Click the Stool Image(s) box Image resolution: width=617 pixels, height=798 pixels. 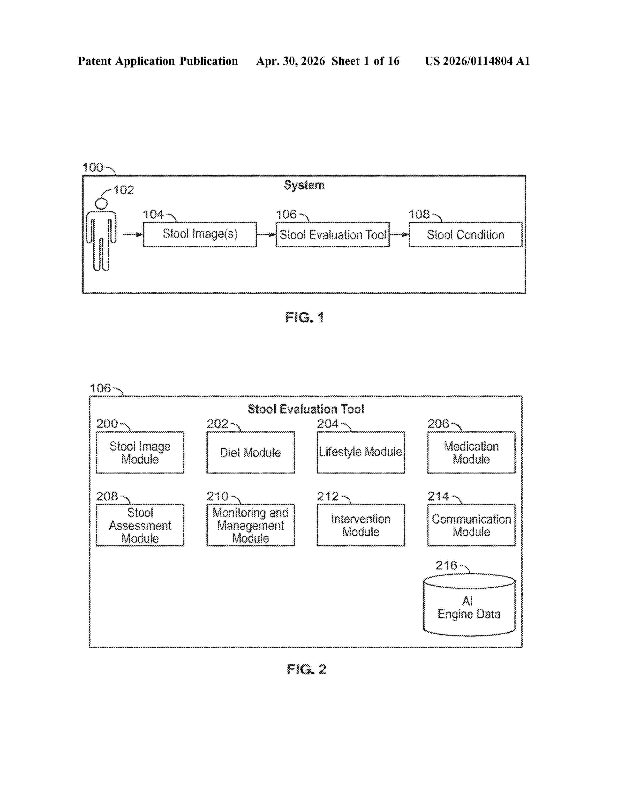200,234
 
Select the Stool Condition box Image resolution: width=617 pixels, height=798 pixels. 465,234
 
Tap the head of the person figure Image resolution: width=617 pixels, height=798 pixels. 101,204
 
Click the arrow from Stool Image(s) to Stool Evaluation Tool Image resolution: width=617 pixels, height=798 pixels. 266,235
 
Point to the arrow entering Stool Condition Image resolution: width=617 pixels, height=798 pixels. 399,235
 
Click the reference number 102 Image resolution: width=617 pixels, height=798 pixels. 124,190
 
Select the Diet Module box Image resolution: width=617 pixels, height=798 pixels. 250,452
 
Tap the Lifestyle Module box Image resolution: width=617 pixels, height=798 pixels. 361,452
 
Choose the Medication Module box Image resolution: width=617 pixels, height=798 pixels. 471,452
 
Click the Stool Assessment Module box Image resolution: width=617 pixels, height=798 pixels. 140,525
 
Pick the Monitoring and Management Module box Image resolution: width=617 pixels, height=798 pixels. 250,525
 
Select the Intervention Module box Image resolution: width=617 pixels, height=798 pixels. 361,525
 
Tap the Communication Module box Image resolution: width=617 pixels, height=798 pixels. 471,525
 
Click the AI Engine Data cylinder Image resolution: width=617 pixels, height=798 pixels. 469,605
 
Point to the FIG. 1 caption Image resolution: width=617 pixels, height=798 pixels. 304,318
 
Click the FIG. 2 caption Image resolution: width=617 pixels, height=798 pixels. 306,669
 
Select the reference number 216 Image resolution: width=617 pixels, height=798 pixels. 446,566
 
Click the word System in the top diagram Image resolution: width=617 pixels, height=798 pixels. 304,185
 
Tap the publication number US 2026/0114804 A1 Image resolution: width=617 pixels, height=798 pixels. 477,61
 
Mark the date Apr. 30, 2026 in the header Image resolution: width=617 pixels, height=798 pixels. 291,61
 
